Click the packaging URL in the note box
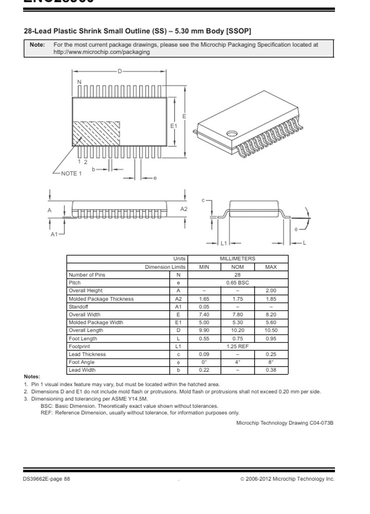(101, 52)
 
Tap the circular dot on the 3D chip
(231, 133)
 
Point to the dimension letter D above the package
(119, 72)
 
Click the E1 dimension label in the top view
(173, 126)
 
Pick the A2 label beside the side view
(184, 209)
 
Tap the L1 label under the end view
(223, 243)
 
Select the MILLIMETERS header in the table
(237, 258)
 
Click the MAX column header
(271, 267)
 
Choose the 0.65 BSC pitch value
(237, 283)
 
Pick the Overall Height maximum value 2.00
(271, 291)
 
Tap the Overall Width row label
(84, 314)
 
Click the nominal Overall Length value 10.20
(237, 330)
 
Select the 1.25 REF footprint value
(237, 346)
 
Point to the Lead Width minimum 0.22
(204, 370)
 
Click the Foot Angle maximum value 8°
(271, 362)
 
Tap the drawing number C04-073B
(321, 423)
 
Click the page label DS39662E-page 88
(46, 478)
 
